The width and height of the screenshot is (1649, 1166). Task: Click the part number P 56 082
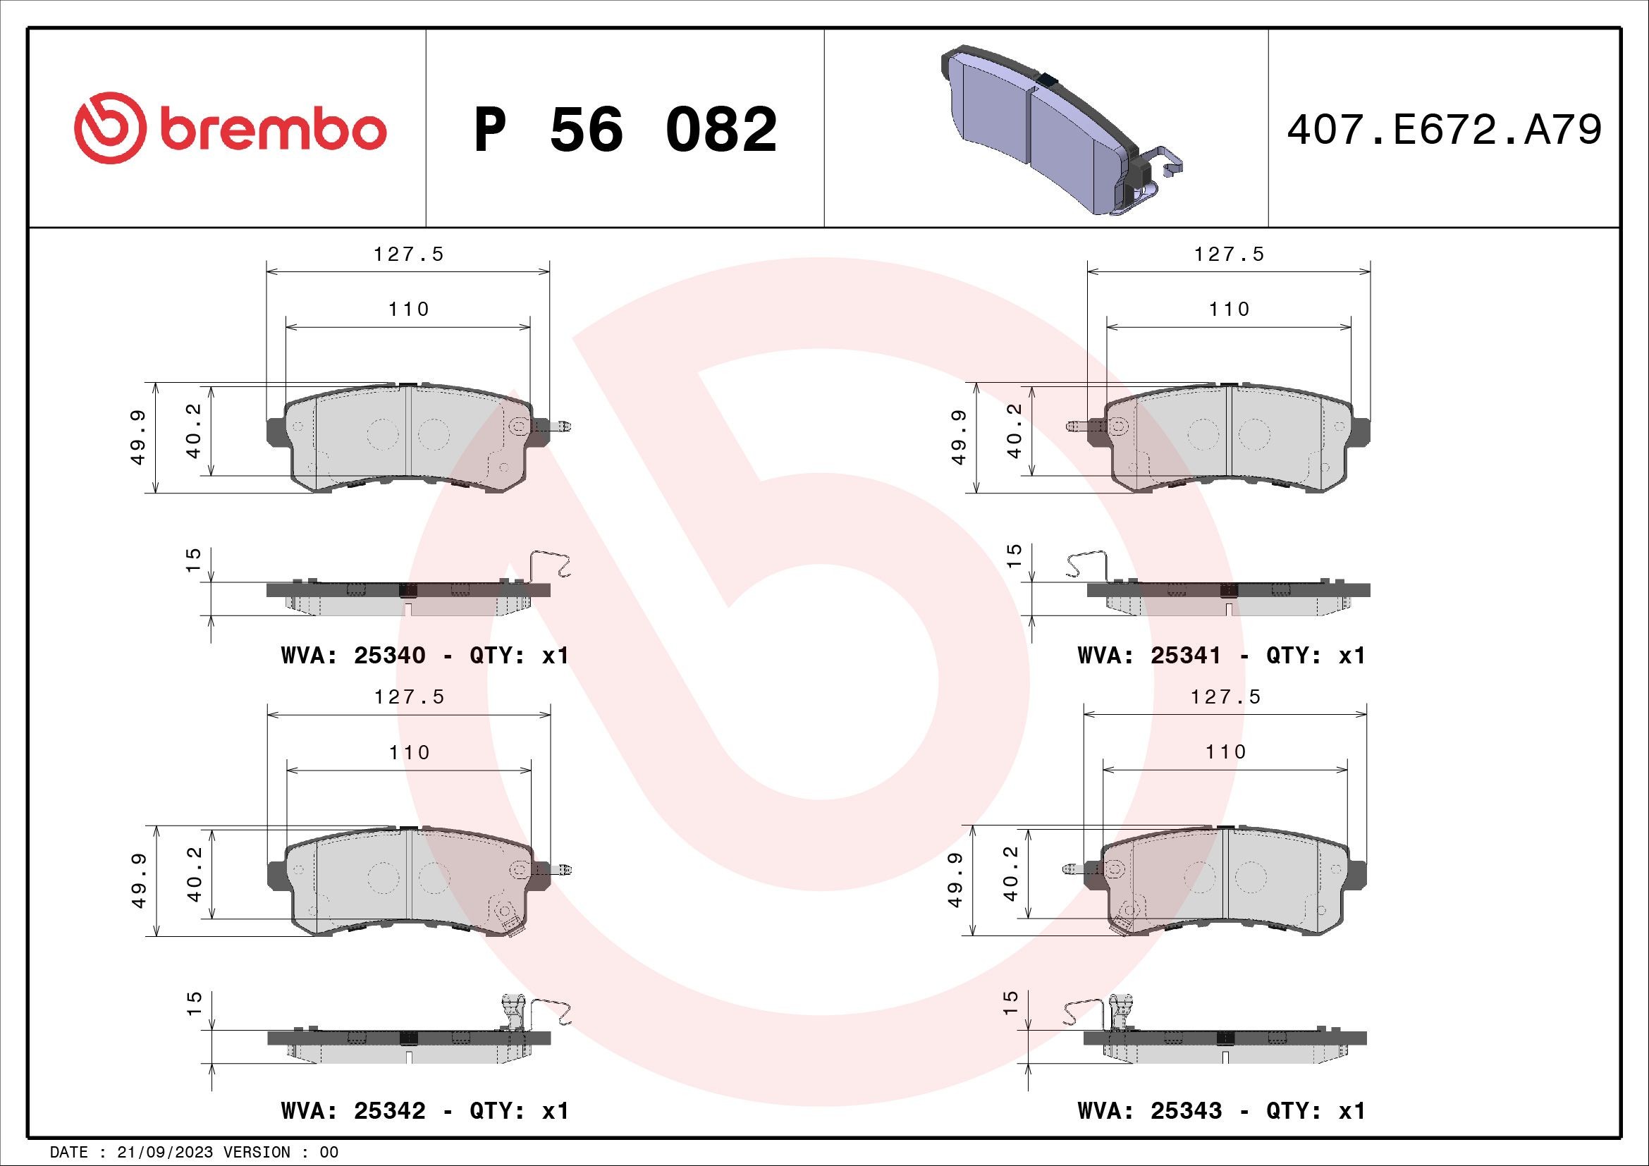(x=625, y=130)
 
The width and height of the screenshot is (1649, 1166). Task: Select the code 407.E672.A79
(x=1444, y=130)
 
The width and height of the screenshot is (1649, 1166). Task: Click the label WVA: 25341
(x=1149, y=656)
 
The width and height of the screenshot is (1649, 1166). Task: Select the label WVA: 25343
(x=1149, y=1111)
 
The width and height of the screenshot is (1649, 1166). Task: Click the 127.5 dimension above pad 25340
(x=408, y=254)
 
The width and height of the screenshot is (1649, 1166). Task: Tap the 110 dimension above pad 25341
(x=1229, y=309)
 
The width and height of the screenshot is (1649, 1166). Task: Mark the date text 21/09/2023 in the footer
(x=164, y=1153)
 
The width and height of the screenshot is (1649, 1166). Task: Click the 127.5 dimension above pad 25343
(x=1225, y=697)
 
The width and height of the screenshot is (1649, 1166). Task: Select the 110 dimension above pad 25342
(x=409, y=752)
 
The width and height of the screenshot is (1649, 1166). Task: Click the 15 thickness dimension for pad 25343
(x=1010, y=1002)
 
